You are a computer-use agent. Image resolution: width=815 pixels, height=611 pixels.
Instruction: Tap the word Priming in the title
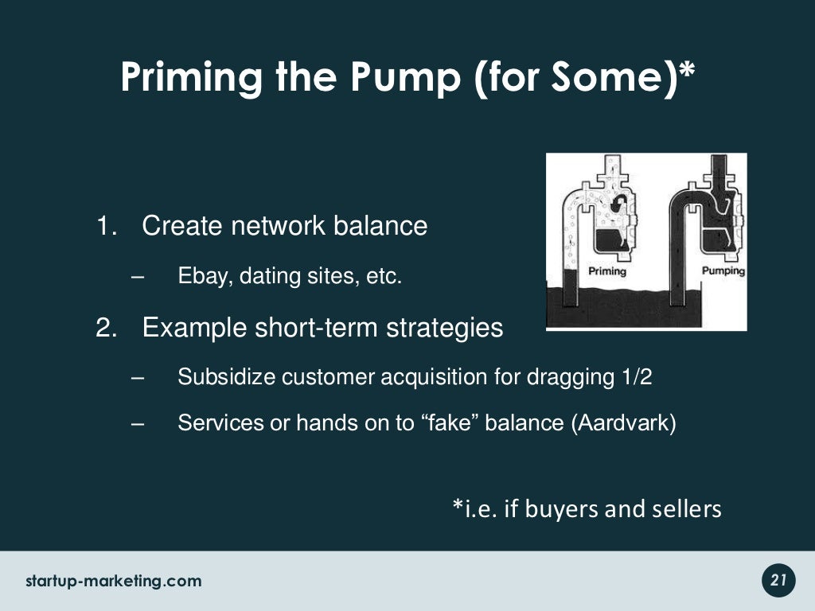192,78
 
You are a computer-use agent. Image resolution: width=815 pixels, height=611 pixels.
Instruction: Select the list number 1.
105,226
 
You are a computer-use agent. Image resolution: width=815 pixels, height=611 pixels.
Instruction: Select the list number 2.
105,327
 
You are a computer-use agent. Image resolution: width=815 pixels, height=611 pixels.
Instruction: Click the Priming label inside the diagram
606,271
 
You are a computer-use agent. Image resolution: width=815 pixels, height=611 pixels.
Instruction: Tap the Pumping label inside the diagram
723,271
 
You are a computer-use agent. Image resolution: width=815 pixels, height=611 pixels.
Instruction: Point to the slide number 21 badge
778,581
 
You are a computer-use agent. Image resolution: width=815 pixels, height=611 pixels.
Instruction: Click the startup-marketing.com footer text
114,581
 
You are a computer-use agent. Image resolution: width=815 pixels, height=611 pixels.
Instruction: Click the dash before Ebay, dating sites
136,278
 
